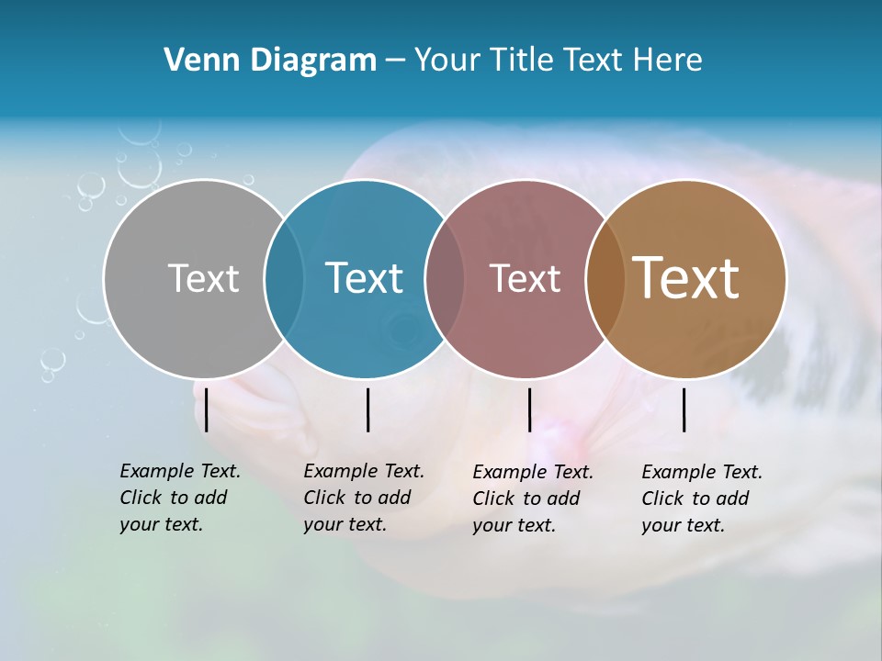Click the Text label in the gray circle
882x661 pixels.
[203, 278]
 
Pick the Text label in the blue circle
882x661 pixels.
[364, 278]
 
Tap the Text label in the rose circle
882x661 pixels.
[525, 278]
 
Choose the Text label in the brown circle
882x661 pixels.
[685, 278]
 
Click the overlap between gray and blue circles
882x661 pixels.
[284, 279]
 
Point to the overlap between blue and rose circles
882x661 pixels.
[445, 279]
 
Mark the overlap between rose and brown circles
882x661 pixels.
[605, 279]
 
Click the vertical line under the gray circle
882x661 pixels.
[207, 409]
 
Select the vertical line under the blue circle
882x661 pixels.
[367, 409]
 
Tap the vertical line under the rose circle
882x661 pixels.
[529, 409]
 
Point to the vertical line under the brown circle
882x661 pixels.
[684, 409]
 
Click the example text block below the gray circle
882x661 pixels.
[179, 498]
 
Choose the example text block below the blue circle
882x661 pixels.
[363, 498]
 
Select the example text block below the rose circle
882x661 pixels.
[532, 499]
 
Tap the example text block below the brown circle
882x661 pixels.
[701, 499]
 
